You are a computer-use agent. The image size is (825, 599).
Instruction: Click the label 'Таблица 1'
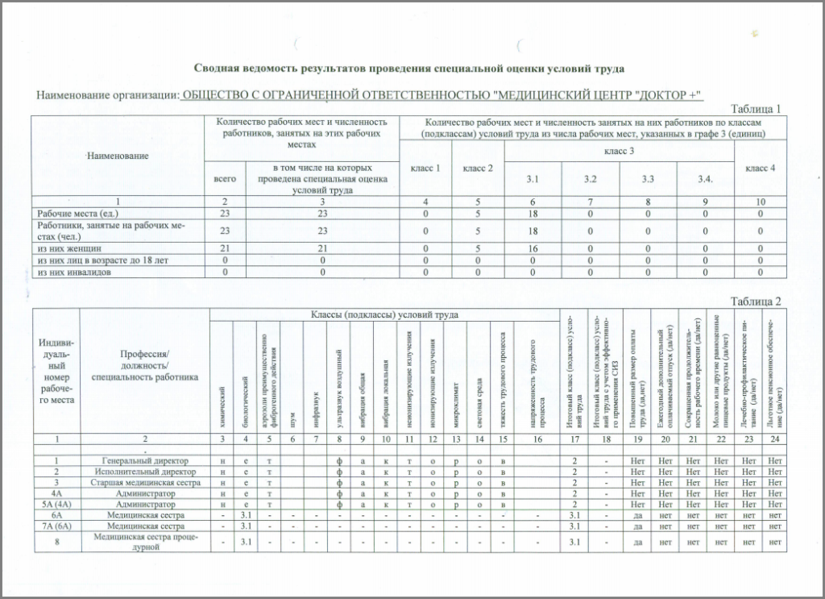point(755,109)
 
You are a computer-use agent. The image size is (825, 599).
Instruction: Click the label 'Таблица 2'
point(755,302)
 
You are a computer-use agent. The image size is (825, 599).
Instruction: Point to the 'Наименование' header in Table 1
point(118,155)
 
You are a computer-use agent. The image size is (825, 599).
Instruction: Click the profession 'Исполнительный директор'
point(144,471)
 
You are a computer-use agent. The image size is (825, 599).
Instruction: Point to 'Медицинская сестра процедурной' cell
point(144,541)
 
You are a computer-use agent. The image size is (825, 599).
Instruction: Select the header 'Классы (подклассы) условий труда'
point(379,314)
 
